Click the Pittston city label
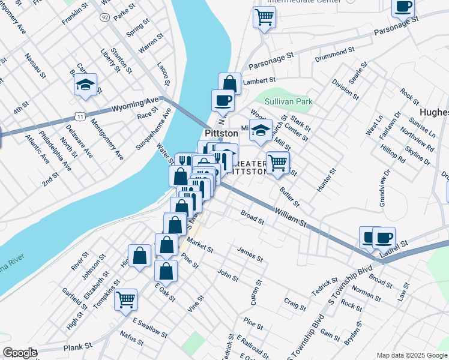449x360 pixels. click(x=222, y=133)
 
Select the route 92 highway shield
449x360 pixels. click(x=105, y=18)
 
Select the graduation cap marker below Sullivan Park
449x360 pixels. click(x=260, y=131)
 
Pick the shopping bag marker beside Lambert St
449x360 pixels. click(x=229, y=83)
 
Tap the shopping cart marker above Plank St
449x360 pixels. click(x=125, y=299)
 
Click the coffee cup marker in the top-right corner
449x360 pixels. click(x=403, y=7)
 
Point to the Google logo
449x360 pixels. click(x=19, y=353)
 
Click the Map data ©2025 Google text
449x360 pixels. click(x=411, y=355)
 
